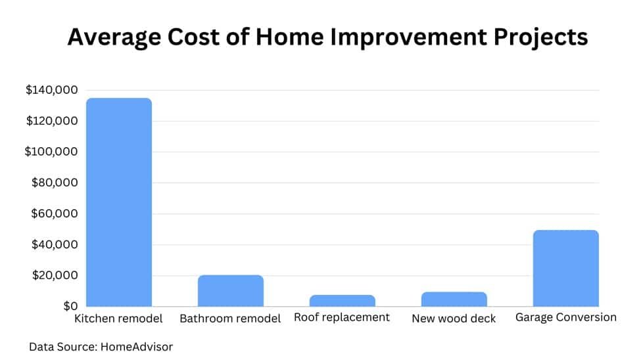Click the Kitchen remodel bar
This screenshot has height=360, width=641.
pos(119,202)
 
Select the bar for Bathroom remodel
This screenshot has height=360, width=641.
pos(231,291)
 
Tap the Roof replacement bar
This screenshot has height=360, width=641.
pos(343,301)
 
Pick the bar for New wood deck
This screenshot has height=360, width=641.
pos(454,299)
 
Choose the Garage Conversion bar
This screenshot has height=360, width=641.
pos(566,268)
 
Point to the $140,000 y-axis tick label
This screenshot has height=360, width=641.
pos(51,90)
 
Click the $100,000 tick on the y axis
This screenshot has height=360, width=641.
pos(51,152)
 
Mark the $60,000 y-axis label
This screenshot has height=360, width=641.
pos(55,214)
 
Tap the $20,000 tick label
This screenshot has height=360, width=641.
pos(55,275)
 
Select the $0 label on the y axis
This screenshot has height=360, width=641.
pos(70,306)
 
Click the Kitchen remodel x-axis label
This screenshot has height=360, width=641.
pos(118,319)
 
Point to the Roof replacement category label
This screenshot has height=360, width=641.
pos(342,317)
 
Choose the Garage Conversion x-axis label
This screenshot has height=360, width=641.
pos(566,317)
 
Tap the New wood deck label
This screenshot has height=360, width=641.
pos(454,319)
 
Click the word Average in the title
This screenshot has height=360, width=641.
pos(114,37)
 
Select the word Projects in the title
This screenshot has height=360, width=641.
pos(540,37)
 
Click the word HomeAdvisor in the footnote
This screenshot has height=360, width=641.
pos(137,346)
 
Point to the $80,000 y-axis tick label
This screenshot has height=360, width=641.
pos(55,182)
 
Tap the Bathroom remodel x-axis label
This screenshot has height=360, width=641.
pos(230,319)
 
